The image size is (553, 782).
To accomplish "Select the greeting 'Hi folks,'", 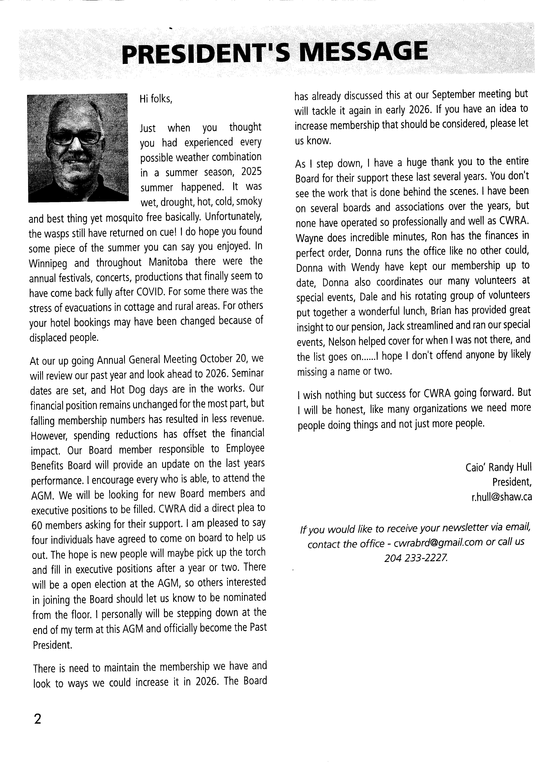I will (x=156, y=99).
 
